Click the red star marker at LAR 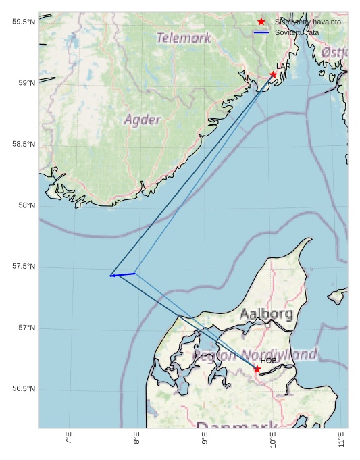click(x=274, y=74)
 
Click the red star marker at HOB click(x=257, y=369)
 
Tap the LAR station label click(x=284, y=67)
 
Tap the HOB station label click(x=269, y=361)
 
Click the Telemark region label click(x=184, y=38)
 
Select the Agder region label click(x=143, y=120)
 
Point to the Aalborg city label click(x=266, y=314)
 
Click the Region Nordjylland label click(x=255, y=355)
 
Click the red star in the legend click(x=261, y=22)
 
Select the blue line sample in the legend click(x=261, y=32)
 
